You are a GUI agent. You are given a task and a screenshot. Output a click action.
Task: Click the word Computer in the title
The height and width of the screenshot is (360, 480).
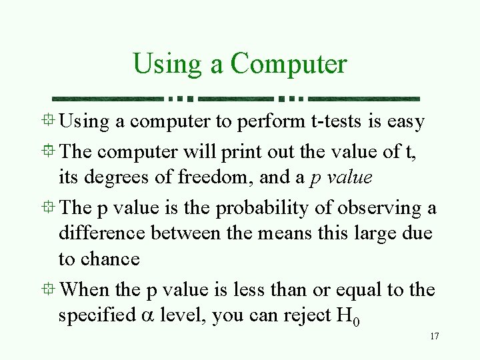click(289, 65)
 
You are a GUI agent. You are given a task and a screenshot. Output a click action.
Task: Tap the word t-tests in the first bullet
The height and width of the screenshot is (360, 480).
click(341, 122)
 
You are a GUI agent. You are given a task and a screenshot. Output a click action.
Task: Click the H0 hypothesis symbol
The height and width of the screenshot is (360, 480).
click(349, 316)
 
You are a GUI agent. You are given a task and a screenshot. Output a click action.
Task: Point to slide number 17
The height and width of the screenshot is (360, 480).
click(434, 337)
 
